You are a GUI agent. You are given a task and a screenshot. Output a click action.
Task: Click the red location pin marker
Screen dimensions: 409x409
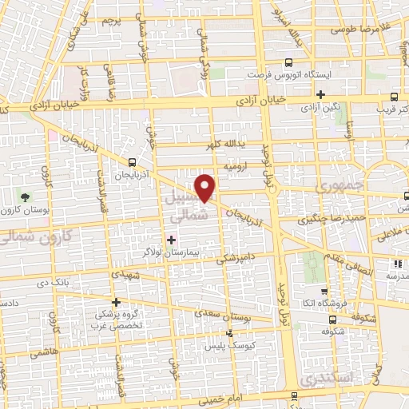[x=206, y=187]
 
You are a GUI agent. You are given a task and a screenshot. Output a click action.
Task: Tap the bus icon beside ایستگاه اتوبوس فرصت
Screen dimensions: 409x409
[x=288, y=62]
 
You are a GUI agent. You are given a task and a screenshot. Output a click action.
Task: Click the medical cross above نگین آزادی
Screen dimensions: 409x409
[x=320, y=94]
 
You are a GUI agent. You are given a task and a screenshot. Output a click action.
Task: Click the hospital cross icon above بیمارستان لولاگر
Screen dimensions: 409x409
[x=171, y=239]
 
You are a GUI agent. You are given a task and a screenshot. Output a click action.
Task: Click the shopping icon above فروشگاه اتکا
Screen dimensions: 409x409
[x=323, y=292]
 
